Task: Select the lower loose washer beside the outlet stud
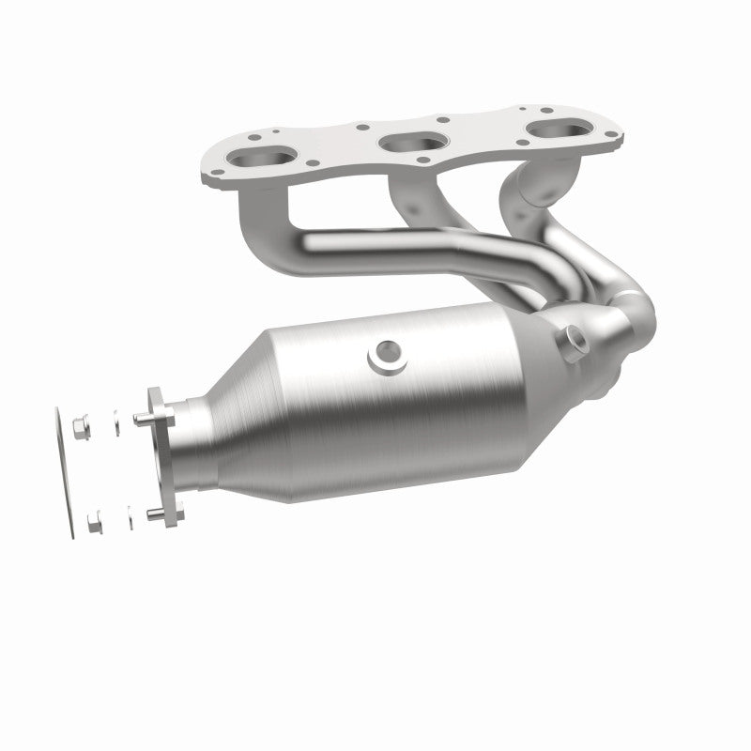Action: click(125, 514)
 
